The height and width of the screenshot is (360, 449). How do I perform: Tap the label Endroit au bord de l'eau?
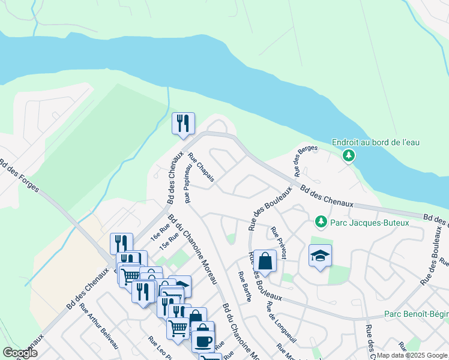[x=376, y=142]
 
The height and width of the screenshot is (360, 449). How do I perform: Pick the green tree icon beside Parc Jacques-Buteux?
[x=321, y=223]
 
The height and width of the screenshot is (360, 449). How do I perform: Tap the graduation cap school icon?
[x=320, y=256]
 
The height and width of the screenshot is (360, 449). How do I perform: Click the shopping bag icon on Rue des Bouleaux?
[x=265, y=261]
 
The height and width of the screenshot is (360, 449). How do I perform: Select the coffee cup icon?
[x=203, y=340]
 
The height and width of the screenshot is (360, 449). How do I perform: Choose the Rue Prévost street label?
[x=278, y=242]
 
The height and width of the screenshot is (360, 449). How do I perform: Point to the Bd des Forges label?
[x=20, y=176]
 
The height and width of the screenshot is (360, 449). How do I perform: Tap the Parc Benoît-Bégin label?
[x=416, y=314]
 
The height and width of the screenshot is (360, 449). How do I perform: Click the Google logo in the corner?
[x=20, y=353]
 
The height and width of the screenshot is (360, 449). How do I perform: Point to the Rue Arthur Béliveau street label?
[x=99, y=328]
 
